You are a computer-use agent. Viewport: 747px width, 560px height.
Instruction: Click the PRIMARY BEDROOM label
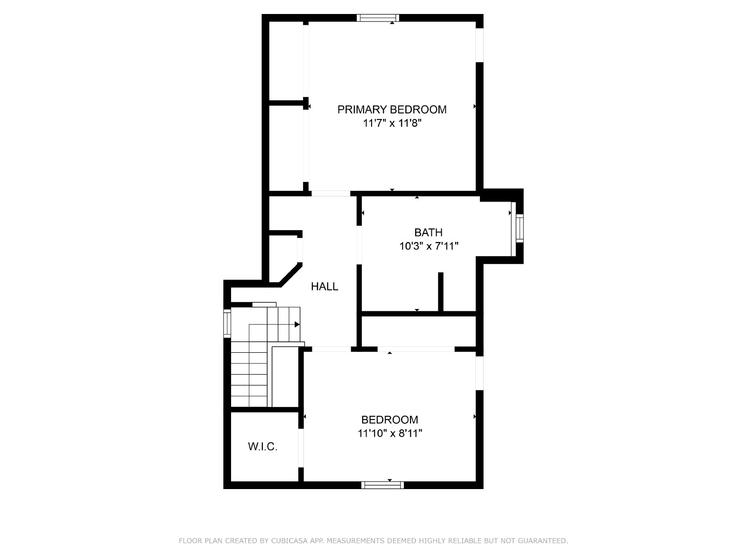(x=392, y=110)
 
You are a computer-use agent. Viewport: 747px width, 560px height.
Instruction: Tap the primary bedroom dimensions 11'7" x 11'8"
(x=392, y=123)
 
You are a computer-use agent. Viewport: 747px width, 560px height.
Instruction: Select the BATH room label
(x=428, y=232)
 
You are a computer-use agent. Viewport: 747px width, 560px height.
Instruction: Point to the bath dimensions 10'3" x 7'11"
(x=429, y=246)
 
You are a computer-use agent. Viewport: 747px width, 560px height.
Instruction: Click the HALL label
(x=324, y=287)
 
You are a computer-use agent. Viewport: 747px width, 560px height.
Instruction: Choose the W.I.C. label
(x=263, y=447)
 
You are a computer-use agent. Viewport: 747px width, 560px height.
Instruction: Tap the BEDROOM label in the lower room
(x=390, y=420)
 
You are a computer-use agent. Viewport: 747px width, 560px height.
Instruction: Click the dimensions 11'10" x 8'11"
(x=390, y=433)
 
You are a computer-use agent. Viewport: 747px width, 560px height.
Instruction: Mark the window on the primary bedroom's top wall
(x=378, y=18)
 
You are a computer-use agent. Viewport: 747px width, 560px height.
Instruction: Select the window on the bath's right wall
(x=519, y=228)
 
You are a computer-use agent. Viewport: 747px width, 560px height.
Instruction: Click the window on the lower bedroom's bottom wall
(x=382, y=485)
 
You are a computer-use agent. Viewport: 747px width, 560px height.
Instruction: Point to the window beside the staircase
(x=227, y=323)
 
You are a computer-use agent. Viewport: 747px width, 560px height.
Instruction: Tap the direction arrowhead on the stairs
(x=297, y=324)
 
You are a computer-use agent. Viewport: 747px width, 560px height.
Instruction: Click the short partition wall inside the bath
(x=441, y=292)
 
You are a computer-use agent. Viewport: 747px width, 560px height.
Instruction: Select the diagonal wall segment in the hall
(x=291, y=275)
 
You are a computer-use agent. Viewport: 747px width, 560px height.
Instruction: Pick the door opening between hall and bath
(x=359, y=245)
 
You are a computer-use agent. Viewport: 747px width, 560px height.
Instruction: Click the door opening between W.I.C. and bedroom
(x=301, y=448)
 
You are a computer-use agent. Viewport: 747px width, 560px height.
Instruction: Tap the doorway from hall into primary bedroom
(x=331, y=194)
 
